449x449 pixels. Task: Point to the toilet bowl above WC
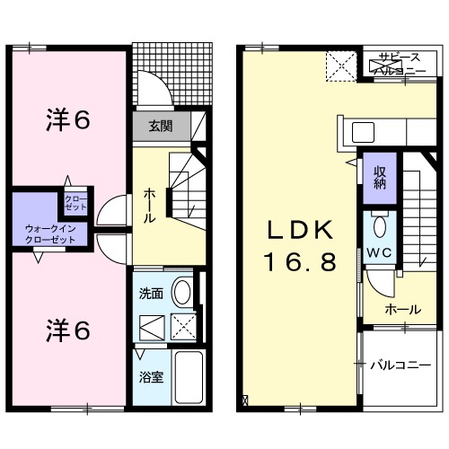pyautogui.click(x=378, y=224)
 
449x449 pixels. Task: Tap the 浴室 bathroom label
pyautogui.click(x=150, y=377)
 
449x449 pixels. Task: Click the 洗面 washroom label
pyautogui.click(x=150, y=294)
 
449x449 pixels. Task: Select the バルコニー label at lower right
pyautogui.click(x=401, y=365)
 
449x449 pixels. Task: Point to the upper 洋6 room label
pyautogui.click(x=67, y=119)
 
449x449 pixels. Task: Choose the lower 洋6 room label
pyautogui.click(x=67, y=330)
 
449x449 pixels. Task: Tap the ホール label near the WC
pyautogui.click(x=401, y=310)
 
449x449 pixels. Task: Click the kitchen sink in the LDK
pyautogui.click(x=363, y=132)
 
